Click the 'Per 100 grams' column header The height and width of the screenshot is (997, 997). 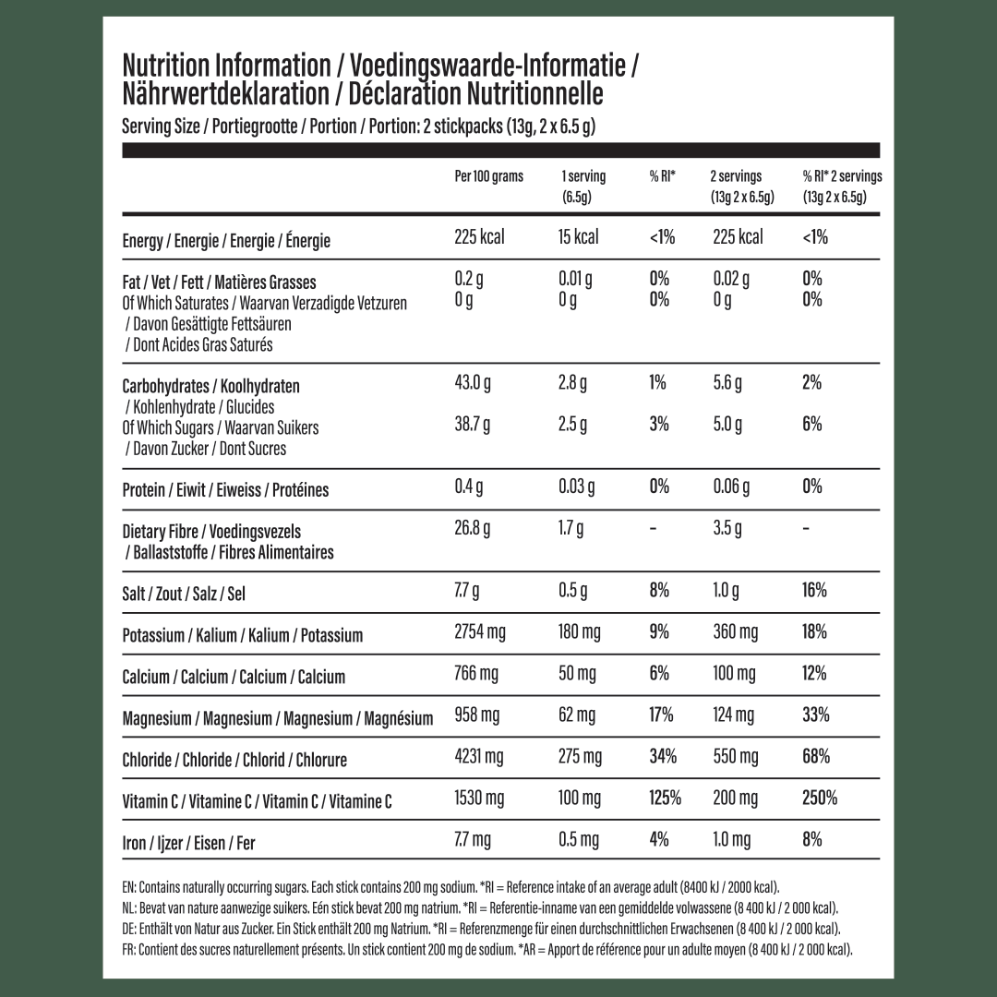pos(488,176)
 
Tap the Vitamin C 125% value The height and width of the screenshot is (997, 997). pos(665,798)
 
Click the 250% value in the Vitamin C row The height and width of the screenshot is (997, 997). pos(820,798)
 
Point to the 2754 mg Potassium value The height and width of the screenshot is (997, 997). pos(480,632)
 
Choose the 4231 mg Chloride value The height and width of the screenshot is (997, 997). pos(479,758)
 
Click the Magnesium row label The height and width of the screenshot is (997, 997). pos(277,718)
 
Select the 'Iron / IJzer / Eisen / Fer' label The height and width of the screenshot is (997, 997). pos(188,843)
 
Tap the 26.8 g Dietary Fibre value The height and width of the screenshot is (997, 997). pos(473,529)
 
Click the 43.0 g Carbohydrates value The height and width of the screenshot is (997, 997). pos(473,383)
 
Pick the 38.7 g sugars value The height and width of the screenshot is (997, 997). pos(473,425)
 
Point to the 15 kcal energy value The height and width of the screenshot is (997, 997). pos(579,237)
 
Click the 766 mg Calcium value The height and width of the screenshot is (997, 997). pos(476,674)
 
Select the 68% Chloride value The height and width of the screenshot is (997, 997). pos(816,757)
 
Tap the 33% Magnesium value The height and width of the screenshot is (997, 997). pos(816,715)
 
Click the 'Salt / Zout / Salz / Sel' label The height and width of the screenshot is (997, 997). pos(183,594)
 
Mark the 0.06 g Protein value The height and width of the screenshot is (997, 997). pos(733,486)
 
